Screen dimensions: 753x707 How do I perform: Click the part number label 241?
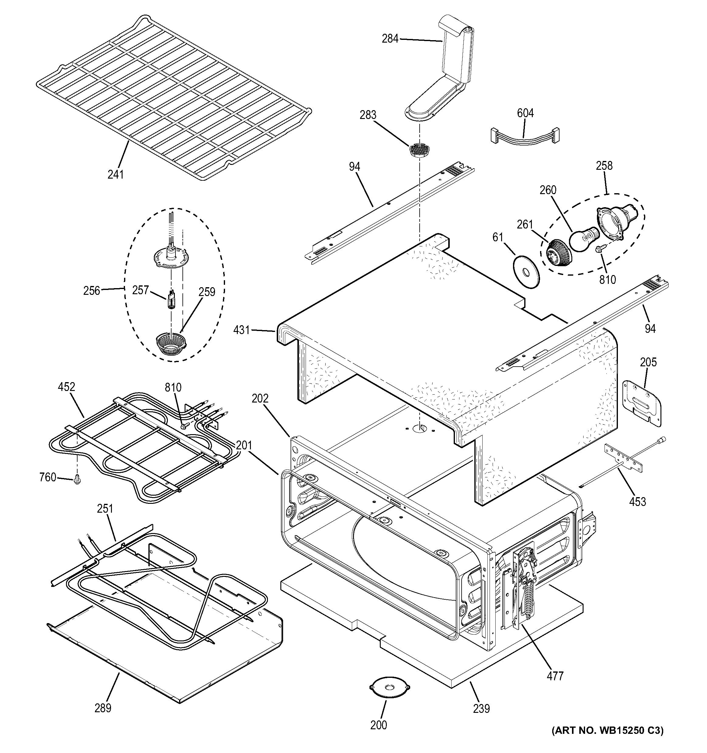116,174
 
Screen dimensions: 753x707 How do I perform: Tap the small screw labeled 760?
78,480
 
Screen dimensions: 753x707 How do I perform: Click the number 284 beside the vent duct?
390,39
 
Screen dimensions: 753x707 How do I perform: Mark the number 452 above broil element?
67,387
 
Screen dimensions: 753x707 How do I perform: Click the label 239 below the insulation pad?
481,708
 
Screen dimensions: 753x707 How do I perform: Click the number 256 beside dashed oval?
92,291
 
